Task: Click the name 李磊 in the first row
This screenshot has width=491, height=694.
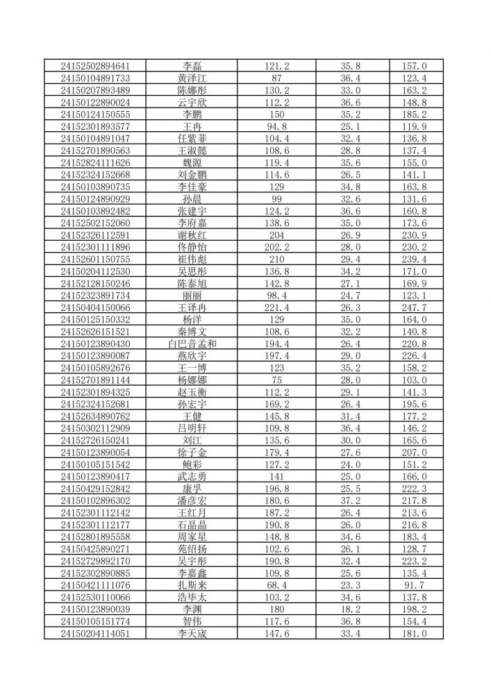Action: pos(192,66)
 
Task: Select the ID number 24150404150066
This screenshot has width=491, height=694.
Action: pos(95,307)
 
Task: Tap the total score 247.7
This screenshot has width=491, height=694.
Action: pos(414,307)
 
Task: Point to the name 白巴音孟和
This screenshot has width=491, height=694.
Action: pos(192,344)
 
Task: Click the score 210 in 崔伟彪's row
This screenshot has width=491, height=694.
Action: pos(276,259)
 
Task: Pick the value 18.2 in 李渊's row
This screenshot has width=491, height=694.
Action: pos(355,609)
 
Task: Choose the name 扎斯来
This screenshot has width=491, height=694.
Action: pos(192,584)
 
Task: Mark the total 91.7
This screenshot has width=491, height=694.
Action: pos(414,584)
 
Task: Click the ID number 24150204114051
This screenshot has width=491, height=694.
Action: pos(95,633)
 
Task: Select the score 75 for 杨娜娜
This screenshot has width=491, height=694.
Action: pos(276,380)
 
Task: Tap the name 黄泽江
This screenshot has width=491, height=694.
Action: pos(192,78)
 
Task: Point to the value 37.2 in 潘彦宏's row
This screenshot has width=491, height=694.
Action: pos(355,500)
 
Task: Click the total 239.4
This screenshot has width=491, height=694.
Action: pos(414,259)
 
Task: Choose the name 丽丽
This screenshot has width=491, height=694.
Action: pos(192,295)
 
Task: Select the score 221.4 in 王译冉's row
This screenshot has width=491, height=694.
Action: pos(276,307)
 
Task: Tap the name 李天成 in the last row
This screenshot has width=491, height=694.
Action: pos(192,633)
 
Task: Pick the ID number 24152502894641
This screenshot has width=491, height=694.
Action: pos(95,66)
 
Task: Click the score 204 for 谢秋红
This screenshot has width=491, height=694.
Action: pos(276,235)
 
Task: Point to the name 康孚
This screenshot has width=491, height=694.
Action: pos(192,488)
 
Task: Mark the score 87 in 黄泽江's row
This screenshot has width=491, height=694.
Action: pos(276,78)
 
